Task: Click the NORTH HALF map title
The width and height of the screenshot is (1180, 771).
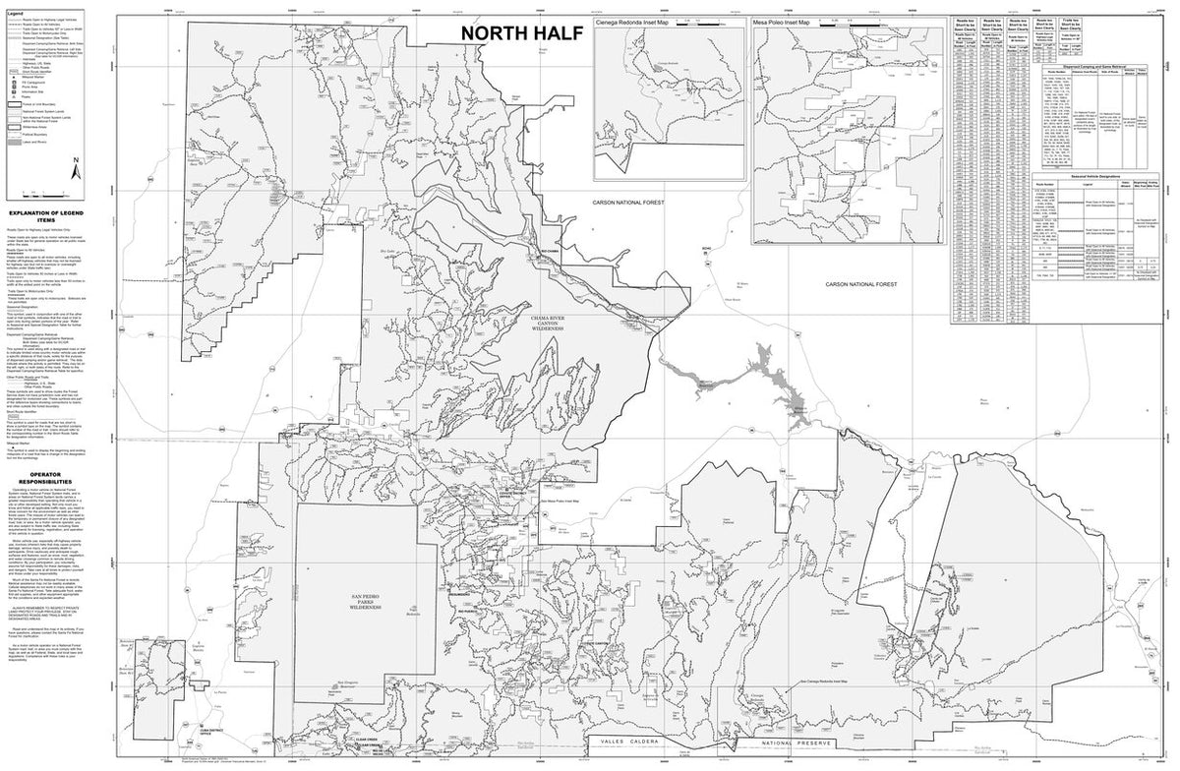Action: click(x=522, y=33)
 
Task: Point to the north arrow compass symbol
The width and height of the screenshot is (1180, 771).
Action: click(x=76, y=173)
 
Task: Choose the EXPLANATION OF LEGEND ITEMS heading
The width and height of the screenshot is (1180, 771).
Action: click(x=52, y=214)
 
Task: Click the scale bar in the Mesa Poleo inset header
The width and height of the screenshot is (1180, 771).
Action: click(x=865, y=21)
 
